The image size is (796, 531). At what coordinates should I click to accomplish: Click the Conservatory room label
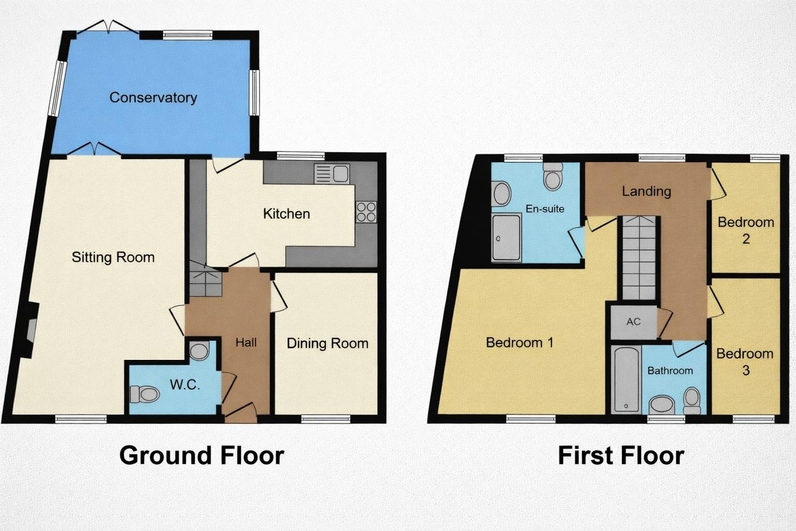[x=153, y=97]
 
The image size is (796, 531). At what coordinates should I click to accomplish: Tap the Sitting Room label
[x=113, y=257]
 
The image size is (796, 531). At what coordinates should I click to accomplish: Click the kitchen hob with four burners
[x=366, y=212]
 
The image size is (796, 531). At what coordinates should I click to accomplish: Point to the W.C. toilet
[x=145, y=395]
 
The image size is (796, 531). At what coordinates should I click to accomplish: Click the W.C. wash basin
[x=199, y=351]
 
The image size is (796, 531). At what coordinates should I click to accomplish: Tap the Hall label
[x=246, y=342]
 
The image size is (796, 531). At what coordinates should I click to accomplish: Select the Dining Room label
[x=327, y=343]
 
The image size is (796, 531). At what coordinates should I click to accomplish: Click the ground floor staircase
[x=205, y=280]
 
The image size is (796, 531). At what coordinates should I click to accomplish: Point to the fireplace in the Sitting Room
[x=31, y=331]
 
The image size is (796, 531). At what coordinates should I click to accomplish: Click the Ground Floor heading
[x=202, y=455]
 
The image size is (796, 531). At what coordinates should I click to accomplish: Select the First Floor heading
[x=621, y=455]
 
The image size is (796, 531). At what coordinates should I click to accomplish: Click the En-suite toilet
[x=553, y=177]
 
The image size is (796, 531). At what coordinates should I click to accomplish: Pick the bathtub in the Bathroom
[x=626, y=379]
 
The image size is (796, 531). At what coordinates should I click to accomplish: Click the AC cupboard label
[x=633, y=322]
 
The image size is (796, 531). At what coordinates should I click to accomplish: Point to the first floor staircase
[x=639, y=258]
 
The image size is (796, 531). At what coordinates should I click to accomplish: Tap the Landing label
[x=646, y=191]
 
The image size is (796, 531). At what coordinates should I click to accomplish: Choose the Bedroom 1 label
[x=519, y=342]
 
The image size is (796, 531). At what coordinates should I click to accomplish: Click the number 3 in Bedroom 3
[x=746, y=370]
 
